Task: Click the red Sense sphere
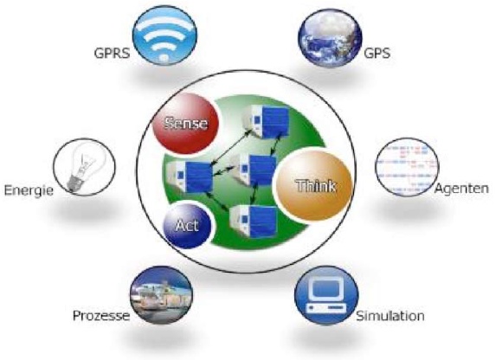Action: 186,124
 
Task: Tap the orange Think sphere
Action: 314,185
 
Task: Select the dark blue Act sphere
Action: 187,225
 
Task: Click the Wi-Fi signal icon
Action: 164,35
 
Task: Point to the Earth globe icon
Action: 331,38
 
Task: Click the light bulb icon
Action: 84,167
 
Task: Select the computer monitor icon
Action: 326,295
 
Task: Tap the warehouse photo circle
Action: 161,295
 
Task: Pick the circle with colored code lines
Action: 407,167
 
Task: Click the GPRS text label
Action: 112,53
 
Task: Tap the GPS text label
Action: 377,53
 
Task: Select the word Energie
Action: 29,190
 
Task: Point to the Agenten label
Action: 461,189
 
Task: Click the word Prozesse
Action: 101,315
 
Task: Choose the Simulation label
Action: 390,316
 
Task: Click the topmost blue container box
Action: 266,120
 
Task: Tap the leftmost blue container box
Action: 190,177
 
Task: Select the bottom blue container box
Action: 254,221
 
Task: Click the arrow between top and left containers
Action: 229,147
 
